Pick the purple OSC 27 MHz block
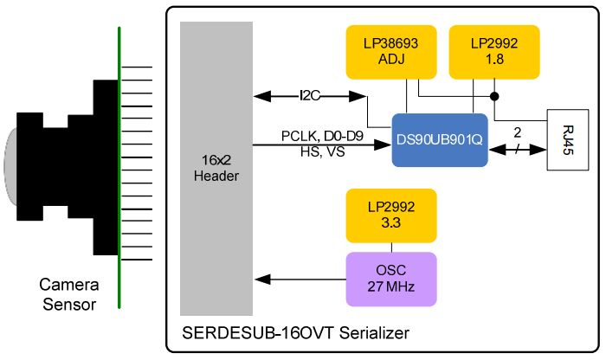click(x=390, y=278)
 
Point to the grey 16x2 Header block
click(x=216, y=169)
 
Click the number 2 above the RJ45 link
click(x=517, y=133)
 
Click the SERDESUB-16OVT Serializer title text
click(x=295, y=332)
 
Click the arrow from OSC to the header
click(x=299, y=279)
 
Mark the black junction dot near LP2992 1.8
click(x=494, y=95)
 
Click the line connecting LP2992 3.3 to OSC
click(x=390, y=247)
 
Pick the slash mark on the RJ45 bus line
click(x=517, y=149)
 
